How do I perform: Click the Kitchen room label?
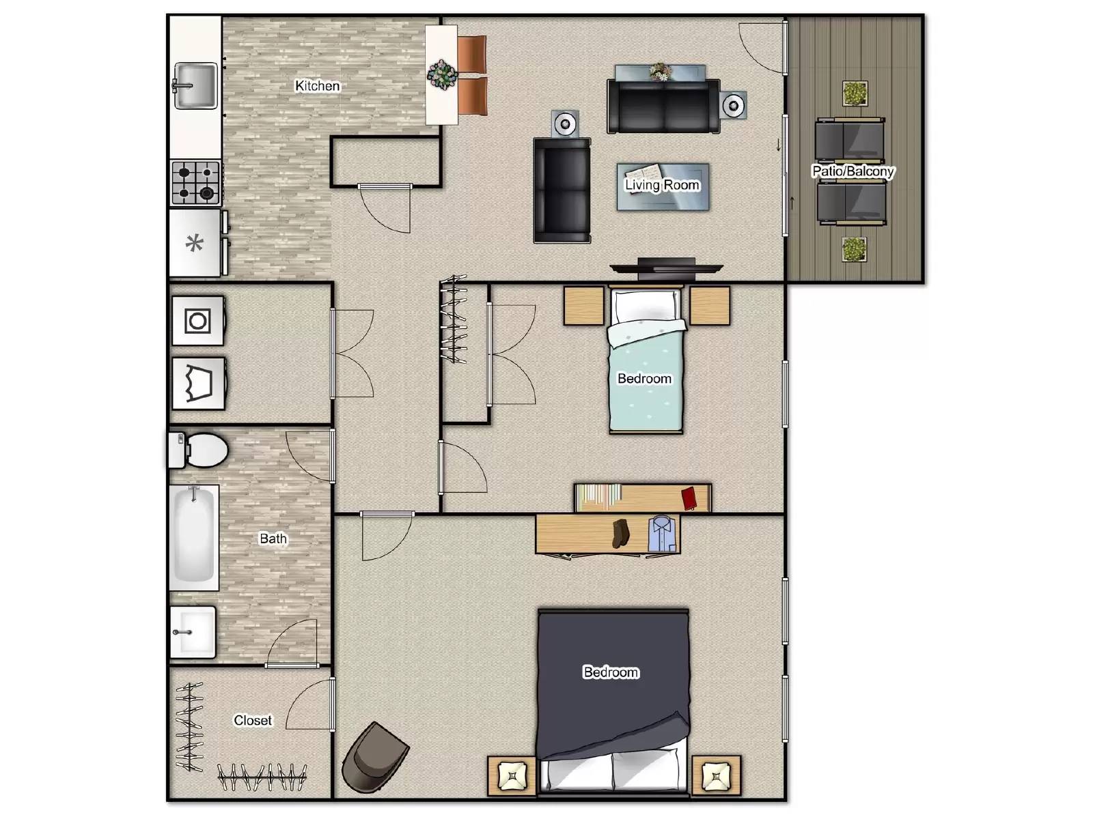point(317,86)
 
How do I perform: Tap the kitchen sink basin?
point(196,86)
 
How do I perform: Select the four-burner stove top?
point(195,182)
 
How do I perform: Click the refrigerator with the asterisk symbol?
point(195,243)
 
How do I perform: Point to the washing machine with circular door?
point(197,321)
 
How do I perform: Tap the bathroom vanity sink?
point(193,632)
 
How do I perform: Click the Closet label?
point(252,721)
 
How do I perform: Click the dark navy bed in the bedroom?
point(612,682)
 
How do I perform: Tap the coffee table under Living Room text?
point(663,186)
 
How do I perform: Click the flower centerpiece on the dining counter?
point(442,74)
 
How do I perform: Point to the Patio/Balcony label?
point(853,171)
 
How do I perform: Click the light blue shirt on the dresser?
point(661,534)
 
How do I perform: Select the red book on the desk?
point(689,498)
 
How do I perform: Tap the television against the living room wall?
point(666,269)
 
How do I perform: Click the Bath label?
point(273,538)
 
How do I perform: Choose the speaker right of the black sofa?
point(733,105)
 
